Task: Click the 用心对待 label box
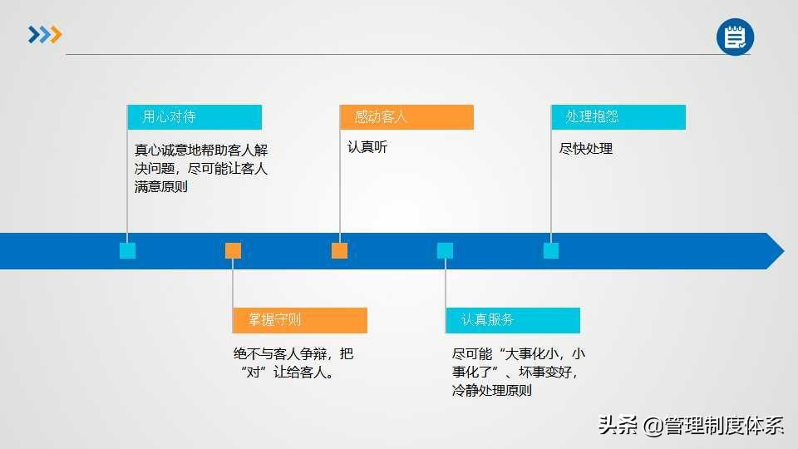tap(195, 117)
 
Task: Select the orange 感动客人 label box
tap(406, 117)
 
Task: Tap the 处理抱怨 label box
tap(618, 117)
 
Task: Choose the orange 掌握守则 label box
tap(300, 320)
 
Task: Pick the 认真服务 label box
tap(512, 320)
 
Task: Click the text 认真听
tap(367, 148)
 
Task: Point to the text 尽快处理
tap(586, 149)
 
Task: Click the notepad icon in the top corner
tap(735, 37)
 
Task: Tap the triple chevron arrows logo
tap(45, 35)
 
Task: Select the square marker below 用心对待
tap(127, 250)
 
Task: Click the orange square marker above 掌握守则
tap(234, 250)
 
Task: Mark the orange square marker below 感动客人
tap(339, 250)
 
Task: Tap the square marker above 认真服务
tap(446, 250)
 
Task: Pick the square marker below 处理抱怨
tap(551, 250)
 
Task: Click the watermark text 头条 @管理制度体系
tap(691, 426)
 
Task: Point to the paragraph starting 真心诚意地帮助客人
tap(201, 168)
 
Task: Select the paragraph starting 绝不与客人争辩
tap(293, 363)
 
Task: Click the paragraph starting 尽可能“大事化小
tap(517, 372)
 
